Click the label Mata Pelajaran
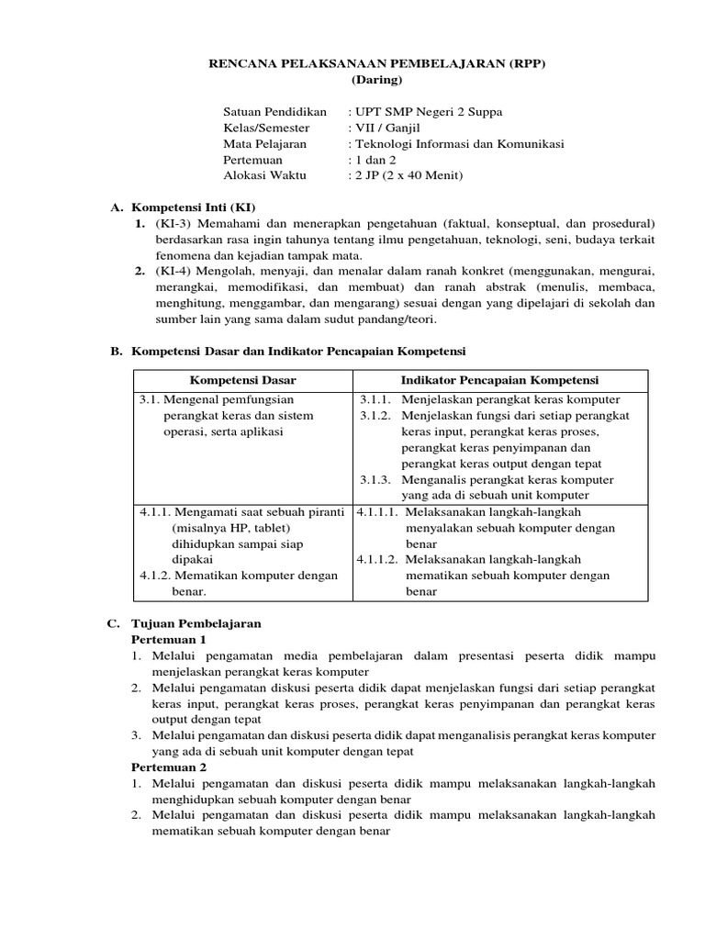click(265, 144)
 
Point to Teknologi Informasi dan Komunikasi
click(460, 144)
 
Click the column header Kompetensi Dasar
click(243, 380)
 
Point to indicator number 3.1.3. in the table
click(375, 479)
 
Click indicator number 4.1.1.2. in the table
click(377, 559)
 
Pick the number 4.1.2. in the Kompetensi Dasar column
click(154, 576)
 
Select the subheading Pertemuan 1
click(170, 639)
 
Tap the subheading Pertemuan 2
click(170, 767)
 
